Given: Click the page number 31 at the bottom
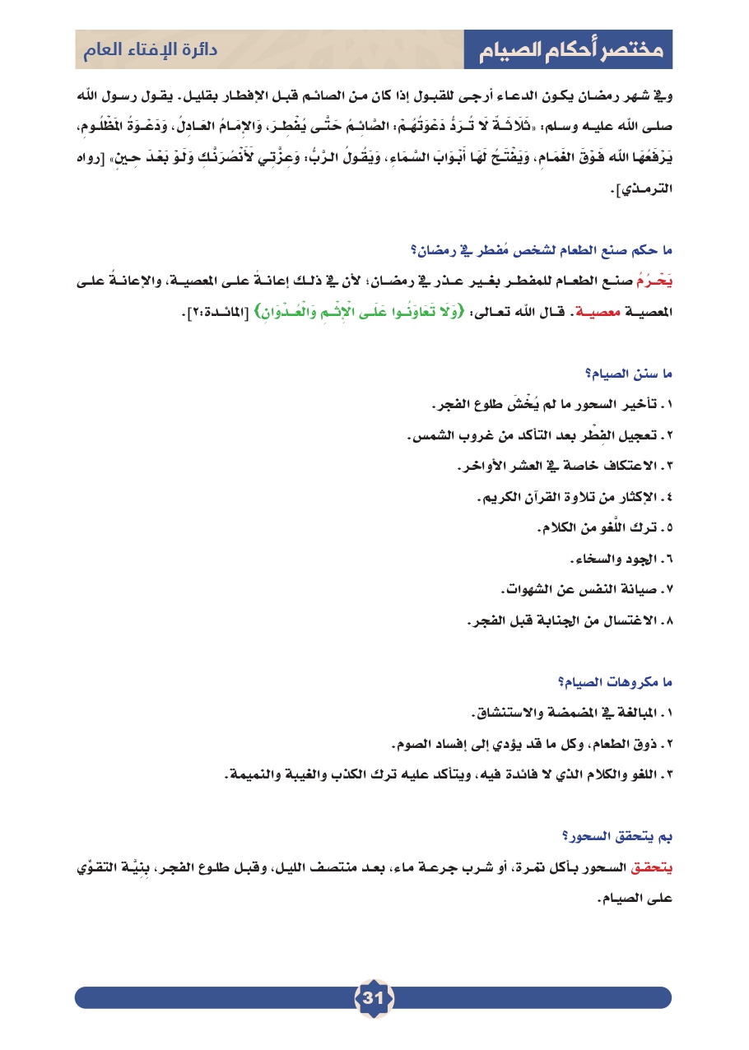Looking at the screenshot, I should (374, 997).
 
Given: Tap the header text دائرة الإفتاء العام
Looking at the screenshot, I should (149, 50).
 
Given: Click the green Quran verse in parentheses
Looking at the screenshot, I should (351, 311).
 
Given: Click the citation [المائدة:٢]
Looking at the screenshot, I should (198, 311).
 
